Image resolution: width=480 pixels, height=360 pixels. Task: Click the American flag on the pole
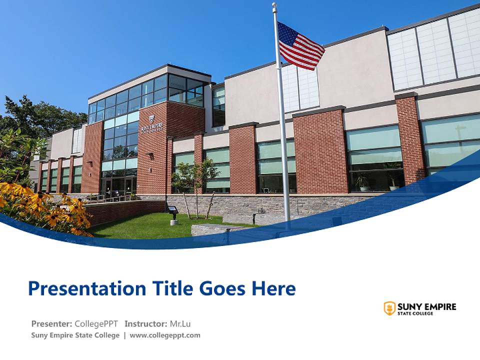pos(300,46)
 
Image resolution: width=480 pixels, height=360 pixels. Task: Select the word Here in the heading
pos(273,288)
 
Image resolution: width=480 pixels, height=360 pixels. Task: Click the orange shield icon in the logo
pos(389,308)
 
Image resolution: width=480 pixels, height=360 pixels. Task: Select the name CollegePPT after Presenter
pos(96,323)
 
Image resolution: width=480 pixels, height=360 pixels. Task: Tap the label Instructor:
pos(145,323)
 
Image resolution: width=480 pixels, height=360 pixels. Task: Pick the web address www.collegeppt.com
pos(165,335)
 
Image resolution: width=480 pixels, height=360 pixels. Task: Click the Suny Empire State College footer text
pos(75,335)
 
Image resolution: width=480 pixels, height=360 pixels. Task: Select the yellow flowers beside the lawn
pos(55,210)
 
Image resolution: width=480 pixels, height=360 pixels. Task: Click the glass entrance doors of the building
pos(118,185)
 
